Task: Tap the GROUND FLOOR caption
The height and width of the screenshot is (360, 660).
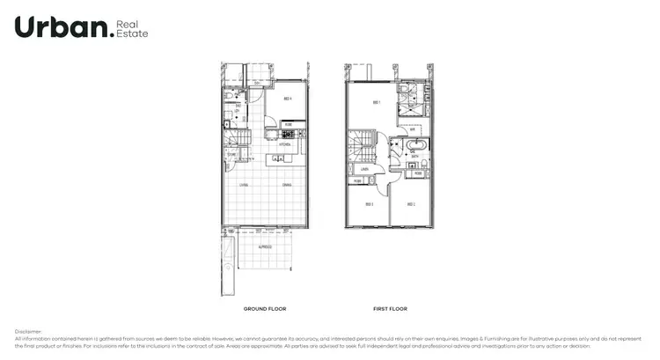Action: point(264,309)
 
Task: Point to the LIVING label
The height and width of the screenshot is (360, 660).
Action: point(244,186)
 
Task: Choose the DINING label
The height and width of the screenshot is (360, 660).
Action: point(287,186)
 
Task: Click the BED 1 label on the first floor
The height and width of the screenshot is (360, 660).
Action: point(377,103)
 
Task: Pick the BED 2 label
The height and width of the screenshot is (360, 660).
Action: point(410,204)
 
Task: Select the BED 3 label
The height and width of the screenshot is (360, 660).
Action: point(370,204)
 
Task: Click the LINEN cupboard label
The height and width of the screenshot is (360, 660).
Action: point(363,168)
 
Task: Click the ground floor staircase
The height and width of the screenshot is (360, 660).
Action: point(235,139)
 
